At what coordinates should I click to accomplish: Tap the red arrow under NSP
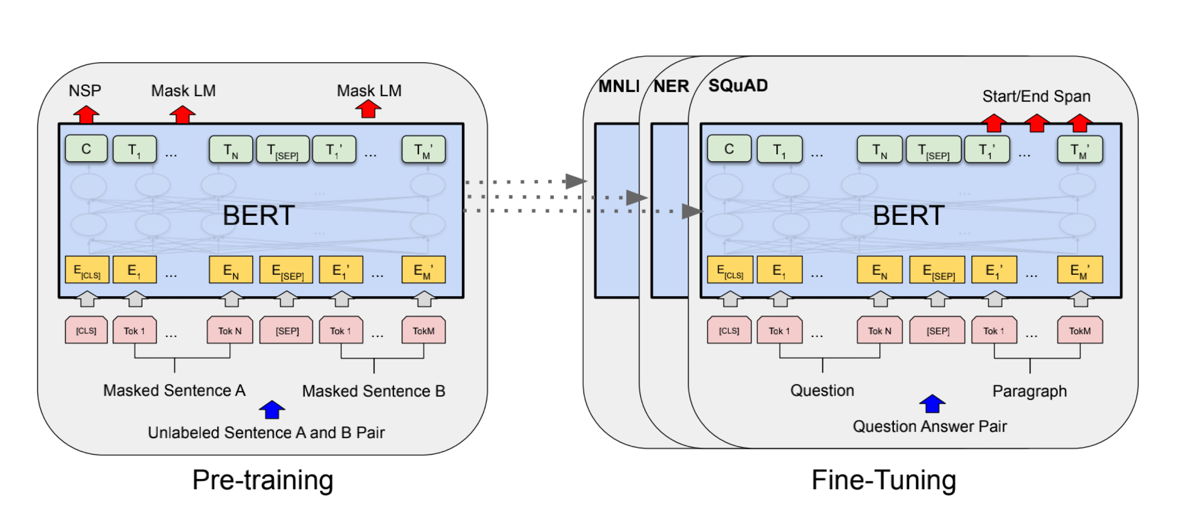click(x=86, y=115)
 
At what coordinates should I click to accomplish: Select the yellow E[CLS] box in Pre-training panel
click(x=87, y=270)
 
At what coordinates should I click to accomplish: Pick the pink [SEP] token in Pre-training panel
click(x=286, y=330)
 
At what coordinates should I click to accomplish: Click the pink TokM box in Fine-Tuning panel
click(x=1079, y=330)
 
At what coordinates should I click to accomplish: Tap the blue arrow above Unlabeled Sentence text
click(x=272, y=409)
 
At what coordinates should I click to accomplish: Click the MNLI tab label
click(x=618, y=86)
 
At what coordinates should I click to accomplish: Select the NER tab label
click(x=671, y=86)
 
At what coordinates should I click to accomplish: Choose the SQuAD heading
click(x=737, y=86)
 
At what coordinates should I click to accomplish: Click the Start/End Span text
click(x=1036, y=97)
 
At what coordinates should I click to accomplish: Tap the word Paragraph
click(x=1029, y=391)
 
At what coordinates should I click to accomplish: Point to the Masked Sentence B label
click(x=373, y=391)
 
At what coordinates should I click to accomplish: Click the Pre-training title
click(x=263, y=480)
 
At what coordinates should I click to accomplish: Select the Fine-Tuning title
click(x=883, y=480)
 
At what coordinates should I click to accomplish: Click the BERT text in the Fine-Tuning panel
click(x=908, y=215)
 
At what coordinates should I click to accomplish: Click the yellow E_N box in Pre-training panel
click(x=230, y=270)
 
